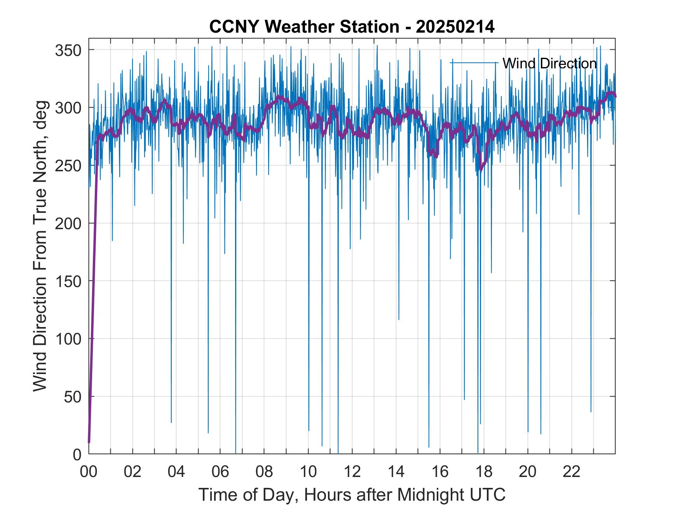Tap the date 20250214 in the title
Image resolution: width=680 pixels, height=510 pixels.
coord(455,27)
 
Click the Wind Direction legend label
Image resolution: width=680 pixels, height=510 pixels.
coord(549,63)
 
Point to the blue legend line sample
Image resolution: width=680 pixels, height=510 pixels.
coord(474,63)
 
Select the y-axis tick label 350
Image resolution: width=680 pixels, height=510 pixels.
coord(68,50)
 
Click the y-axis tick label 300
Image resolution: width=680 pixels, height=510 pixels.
coord(68,108)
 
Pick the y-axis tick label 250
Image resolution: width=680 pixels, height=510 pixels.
coord(68,166)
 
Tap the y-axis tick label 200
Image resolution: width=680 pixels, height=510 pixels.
coord(68,224)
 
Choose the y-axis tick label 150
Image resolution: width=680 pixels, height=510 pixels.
coord(68,281)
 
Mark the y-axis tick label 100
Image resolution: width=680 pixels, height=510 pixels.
coord(68,339)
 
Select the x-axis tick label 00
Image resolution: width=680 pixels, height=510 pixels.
coord(89,472)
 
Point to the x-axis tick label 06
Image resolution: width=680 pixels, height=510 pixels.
coord(220,472)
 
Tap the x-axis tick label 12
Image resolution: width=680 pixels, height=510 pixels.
coord(352,472)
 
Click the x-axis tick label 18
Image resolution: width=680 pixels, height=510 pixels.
coord(484,472)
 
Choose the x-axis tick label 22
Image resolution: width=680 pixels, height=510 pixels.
coord(572,472)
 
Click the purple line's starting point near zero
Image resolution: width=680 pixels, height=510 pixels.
coord(89,442)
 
